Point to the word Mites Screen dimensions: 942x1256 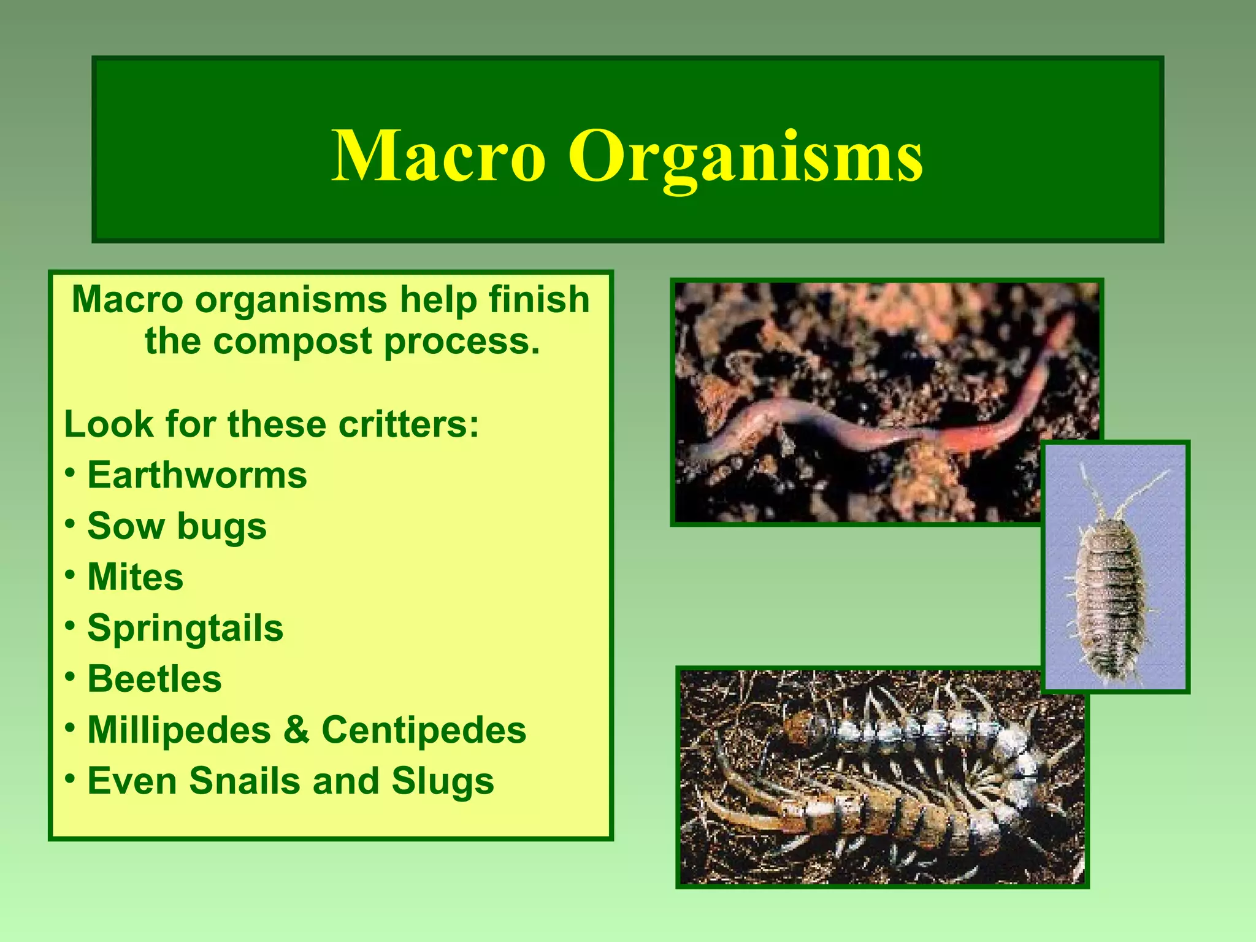(135, 577)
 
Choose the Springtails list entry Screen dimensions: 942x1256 (185, 628)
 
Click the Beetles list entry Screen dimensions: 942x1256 (155, 679)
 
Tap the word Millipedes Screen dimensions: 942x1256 (179, 730)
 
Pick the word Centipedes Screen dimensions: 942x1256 (423, 730)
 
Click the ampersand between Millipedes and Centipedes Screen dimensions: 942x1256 (296, 730)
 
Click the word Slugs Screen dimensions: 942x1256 (443, 781)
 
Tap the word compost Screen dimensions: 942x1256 (293, 341)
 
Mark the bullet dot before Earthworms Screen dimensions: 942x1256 (71, 473)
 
